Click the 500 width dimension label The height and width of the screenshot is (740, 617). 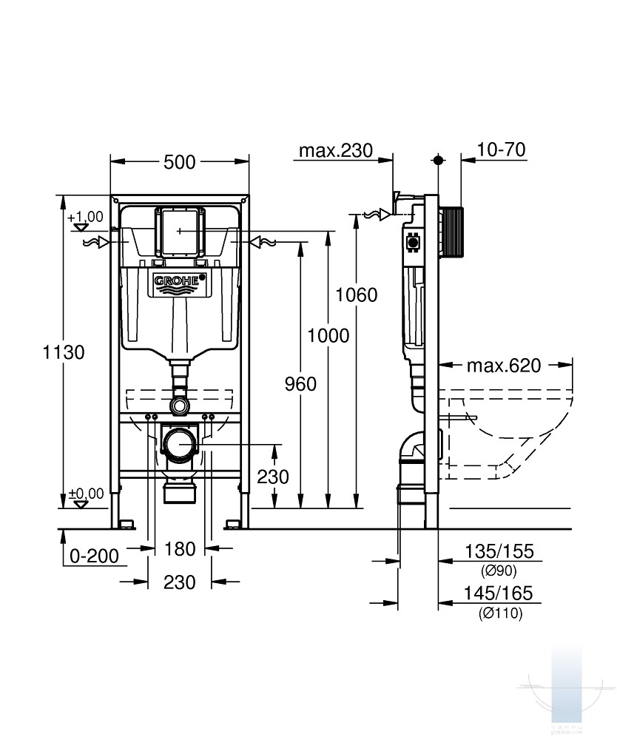(179, 162)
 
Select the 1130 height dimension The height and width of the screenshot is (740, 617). (64, 352)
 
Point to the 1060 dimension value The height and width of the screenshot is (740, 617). (357, 295)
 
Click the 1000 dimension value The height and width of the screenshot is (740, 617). (328, 335)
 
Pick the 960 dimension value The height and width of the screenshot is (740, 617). (300, 384)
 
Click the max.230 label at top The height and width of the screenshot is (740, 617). (336, 150)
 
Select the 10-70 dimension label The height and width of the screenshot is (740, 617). (501, 149)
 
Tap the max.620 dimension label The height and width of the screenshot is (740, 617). (504, 366)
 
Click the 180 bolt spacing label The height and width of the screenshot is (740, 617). (180, 549)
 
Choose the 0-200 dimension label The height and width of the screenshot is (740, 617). (95, 556)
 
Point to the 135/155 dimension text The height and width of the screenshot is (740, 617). (499, 551)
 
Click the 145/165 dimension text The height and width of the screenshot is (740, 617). (499, 593)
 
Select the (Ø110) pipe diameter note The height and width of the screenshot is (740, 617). (501, 613)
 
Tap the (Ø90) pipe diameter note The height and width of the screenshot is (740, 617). (499, 571)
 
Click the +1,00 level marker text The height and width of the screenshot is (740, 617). (85, 217)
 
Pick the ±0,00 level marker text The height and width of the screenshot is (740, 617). (87, 494)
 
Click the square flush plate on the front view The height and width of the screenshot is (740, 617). (180, 231)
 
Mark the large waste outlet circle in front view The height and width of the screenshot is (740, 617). (180, 444)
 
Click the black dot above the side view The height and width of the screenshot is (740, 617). (439, 160)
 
